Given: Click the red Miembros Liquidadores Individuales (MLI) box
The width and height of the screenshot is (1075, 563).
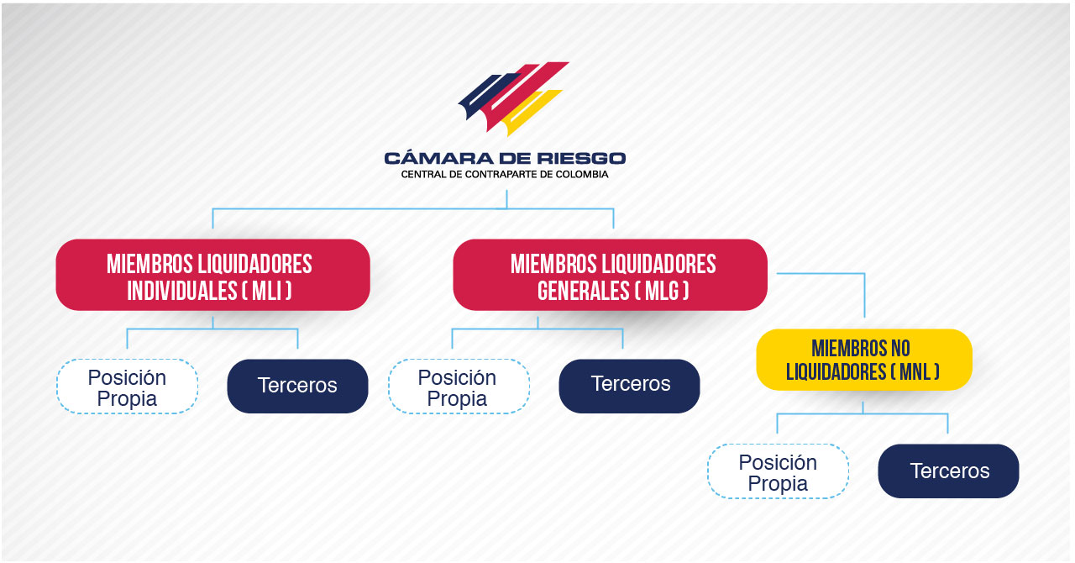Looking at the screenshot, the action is tap(212, 275).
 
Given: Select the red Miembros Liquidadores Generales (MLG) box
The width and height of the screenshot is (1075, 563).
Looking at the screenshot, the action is tap(610, 275).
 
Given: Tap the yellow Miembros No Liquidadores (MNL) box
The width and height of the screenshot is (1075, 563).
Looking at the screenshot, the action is tap(864, 360).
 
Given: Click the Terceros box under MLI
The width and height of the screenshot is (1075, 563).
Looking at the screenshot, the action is tap(297, 387).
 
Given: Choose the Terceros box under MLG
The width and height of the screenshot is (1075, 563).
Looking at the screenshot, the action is tap(629, 387).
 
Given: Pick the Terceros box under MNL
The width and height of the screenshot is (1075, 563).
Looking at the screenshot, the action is tap(948, 471).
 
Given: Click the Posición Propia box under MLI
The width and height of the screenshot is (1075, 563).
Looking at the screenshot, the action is tap(127, 387).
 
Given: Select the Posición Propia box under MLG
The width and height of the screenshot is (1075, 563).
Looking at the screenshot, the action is tap(459, 387).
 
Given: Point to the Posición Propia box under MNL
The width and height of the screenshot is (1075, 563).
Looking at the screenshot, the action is tap(778, 471).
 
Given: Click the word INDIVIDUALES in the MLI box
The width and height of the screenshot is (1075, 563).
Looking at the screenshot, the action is tap(182, 291).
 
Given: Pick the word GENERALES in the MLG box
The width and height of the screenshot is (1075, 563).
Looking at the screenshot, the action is tap(583, 291).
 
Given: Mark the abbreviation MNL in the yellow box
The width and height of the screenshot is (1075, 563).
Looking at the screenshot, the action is tap(915, 371).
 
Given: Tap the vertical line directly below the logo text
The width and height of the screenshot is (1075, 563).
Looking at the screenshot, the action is tap(506, 199).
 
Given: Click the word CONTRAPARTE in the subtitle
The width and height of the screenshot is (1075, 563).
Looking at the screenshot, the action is tap(501, 175).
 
